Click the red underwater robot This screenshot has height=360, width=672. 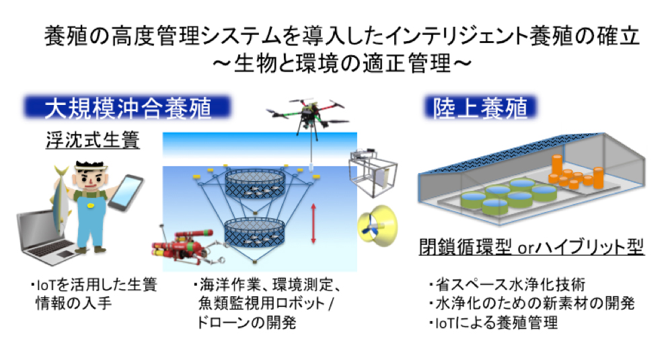point(188,247)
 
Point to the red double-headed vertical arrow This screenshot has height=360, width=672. point(313,223)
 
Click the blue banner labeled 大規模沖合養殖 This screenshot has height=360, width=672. point(127,107)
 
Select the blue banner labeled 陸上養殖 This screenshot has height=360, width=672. point(480,107)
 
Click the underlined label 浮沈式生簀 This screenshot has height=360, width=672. point(93,140)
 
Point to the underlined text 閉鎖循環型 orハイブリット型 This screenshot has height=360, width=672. point(531,246)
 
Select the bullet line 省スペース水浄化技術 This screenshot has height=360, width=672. point(507,284)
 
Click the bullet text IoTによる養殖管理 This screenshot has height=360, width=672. point(494,322)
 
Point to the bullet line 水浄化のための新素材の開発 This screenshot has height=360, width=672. point(532,303)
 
